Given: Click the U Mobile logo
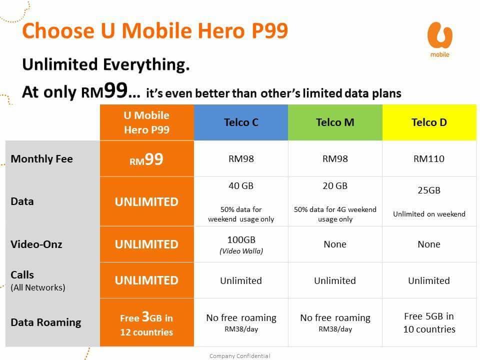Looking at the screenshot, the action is [440, 39].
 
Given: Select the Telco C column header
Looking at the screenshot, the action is [241, 122].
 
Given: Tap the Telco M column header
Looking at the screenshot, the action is [335, 122].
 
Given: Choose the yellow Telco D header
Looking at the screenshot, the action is [429, 122].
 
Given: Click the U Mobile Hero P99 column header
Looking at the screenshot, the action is [147, 122].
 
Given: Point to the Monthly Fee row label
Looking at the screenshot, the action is [41, 159].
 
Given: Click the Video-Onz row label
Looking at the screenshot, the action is [36, 244].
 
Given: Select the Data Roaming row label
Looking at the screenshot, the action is [46, 322].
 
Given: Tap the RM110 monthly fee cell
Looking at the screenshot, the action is [429, 158].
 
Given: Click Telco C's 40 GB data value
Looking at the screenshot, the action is [241, 186].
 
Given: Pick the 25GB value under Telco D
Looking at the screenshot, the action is [429, 190].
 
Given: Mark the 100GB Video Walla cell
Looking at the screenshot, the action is [241, 244].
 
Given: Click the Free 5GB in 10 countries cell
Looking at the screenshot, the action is [429, 322].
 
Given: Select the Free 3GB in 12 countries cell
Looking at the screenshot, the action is [147, 322].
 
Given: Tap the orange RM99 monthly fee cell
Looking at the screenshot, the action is [147, 158].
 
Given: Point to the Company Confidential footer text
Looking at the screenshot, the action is [239, 356].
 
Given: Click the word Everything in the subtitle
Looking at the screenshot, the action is [146, 64].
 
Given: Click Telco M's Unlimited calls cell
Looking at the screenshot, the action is [335, 280].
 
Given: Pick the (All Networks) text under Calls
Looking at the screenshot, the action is [38, 288].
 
